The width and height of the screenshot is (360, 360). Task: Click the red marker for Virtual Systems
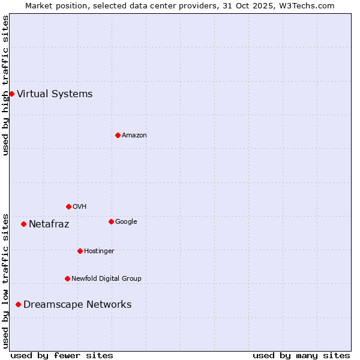pos(11,94)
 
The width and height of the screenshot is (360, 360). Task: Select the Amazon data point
pos(118,135)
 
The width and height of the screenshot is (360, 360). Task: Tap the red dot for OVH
pos(68,206)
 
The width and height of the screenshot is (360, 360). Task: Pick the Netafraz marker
pos(23,224)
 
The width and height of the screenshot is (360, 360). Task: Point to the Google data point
pos(111,221)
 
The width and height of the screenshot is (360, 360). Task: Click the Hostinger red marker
pos(80,251)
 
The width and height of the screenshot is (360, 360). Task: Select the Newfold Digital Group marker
pos(67,278)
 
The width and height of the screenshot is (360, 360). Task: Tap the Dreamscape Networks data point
pos(18,304)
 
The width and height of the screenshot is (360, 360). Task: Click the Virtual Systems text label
pos(55,94)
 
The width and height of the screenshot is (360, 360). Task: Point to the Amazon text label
pos(134,135)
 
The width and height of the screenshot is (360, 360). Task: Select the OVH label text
pos(80,206)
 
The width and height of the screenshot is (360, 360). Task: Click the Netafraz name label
pos(49,224)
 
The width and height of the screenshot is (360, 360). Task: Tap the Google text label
pos(126,221)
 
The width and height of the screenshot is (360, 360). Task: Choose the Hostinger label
pos(99,251)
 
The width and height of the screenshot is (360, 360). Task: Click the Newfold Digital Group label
pos(106,278)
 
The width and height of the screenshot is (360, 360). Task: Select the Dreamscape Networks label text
pos(77,304)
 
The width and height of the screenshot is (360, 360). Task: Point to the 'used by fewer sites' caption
pos(62,355)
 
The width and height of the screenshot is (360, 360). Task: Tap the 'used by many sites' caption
pos(301,355)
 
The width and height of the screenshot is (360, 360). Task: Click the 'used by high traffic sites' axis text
pos(5,85)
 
